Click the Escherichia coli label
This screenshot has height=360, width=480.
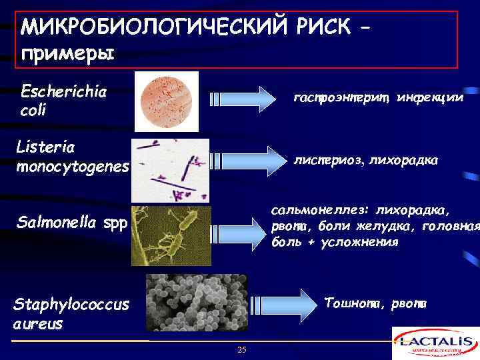[65, 100]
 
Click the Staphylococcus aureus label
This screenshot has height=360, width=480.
[72, 313]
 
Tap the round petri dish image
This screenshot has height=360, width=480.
[167, 101]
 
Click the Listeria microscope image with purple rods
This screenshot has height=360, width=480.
[170, 170]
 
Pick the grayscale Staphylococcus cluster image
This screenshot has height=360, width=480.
[196, 303]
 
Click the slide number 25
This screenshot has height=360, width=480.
[241, 350]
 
